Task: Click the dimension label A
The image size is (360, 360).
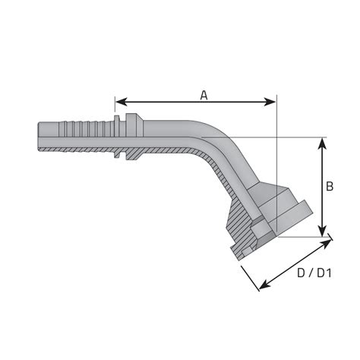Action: (x=204, y=95)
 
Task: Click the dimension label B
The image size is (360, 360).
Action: (x=330, y=186)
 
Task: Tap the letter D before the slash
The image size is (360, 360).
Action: (x=302, y=272)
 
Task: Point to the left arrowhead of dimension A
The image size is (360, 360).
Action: (x=120, y=102)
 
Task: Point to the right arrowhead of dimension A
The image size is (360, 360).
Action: (x=272, y=102)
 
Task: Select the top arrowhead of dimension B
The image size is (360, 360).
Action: (x=324, y=142)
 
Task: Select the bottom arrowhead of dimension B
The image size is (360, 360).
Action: (x=324, y=232)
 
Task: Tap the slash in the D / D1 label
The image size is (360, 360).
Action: (x=311, y=272)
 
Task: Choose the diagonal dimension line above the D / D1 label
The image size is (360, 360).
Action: (x=296, y=264)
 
